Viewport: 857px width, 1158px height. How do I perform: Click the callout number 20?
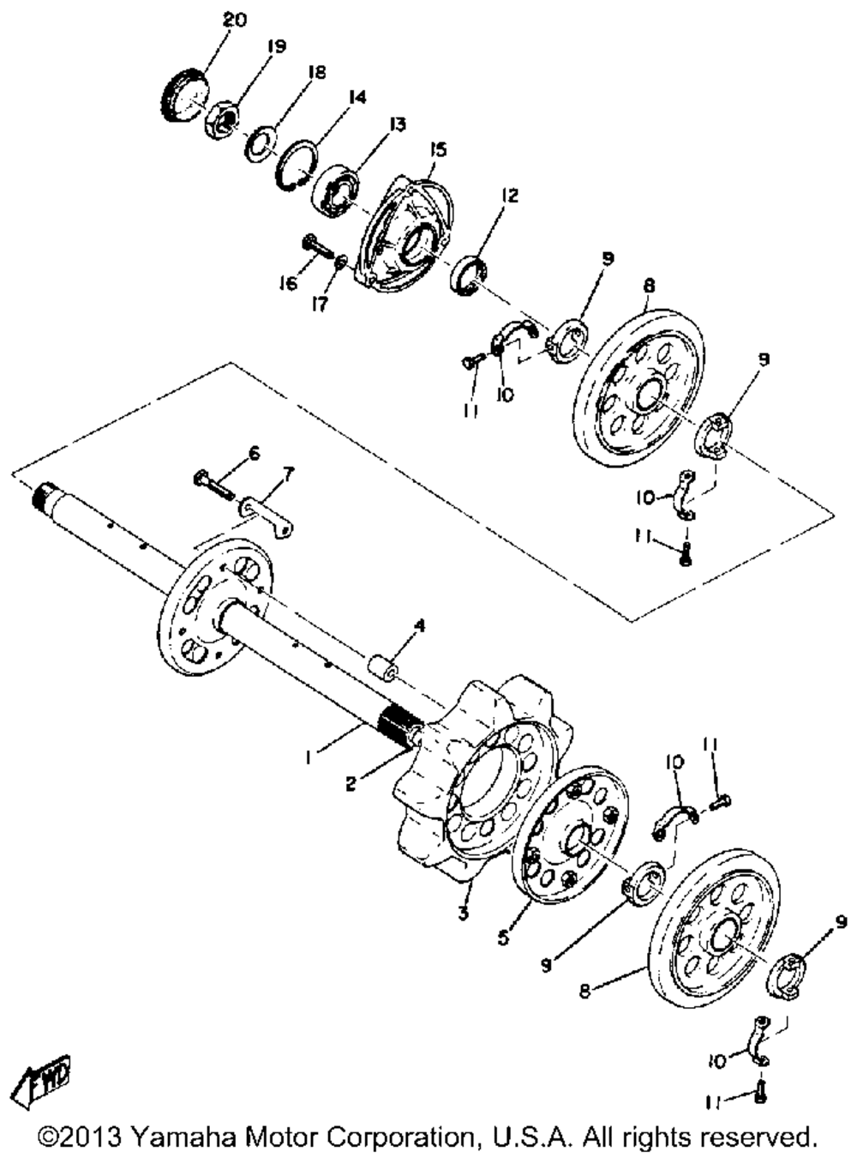click(234, 19)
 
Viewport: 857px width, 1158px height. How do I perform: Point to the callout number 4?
click(418, 627)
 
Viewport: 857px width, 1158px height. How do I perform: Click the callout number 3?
click(463, 914)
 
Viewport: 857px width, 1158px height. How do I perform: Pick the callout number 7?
click(288, 473)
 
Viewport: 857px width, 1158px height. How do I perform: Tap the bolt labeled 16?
click(318, 247)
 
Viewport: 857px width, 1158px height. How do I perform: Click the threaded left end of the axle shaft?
click(43, 495)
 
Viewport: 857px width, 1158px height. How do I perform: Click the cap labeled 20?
click(183, 96)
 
